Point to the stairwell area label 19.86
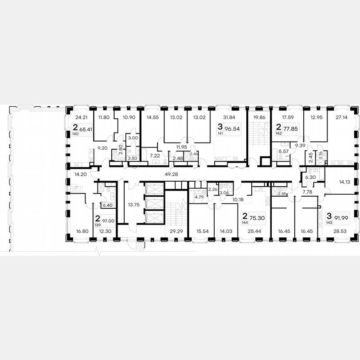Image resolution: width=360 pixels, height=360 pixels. (x=259, y=117)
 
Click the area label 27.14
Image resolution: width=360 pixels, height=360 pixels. (x=342, y=117)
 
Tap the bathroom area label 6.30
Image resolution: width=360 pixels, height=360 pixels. (x=310, y=177)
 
